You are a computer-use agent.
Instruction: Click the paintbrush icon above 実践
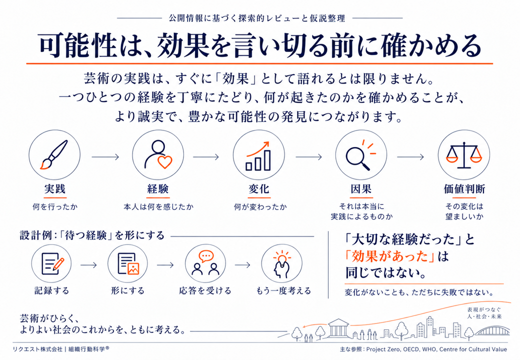pyautogui.click(x=54, y=155)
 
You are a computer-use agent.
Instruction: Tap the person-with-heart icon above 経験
pyautogui.click(x=158, y=155)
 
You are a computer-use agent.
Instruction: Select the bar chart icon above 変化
pyautogui.click(x=258, y=156)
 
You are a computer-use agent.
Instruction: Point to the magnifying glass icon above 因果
pyautogui.click(x=360, y=155)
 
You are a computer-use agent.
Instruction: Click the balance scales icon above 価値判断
pyautogui.click(x=463, y=155)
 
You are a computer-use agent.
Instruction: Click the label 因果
pyautogui.click(x=361, y=189)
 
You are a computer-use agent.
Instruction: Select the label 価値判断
pyautogui.click(x=464, y=189)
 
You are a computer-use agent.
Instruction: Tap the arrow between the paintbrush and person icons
pyautogui.click(x=105, y=156)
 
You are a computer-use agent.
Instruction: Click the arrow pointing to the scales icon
pyautogui.click(x=410, y=156)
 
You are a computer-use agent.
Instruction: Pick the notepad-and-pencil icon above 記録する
pyautogui.click(x=51, y=263)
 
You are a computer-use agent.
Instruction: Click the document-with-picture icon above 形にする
pyautogui.click(x=128, y=263)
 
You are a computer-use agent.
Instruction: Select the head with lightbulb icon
pyautogui.click(x=282, y=264)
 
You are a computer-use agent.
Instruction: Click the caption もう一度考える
pyautogui.click(x=283, y=290)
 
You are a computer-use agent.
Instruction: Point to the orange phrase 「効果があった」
pyautogui.click(x=389, y=256)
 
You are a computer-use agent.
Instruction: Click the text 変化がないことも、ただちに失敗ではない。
pyautogui.click(x=419, y=292)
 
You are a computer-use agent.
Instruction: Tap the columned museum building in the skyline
pyautogui.click(x=338, y=329)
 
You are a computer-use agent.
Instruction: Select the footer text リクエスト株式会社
pyautogui.click(x=37, y=349)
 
